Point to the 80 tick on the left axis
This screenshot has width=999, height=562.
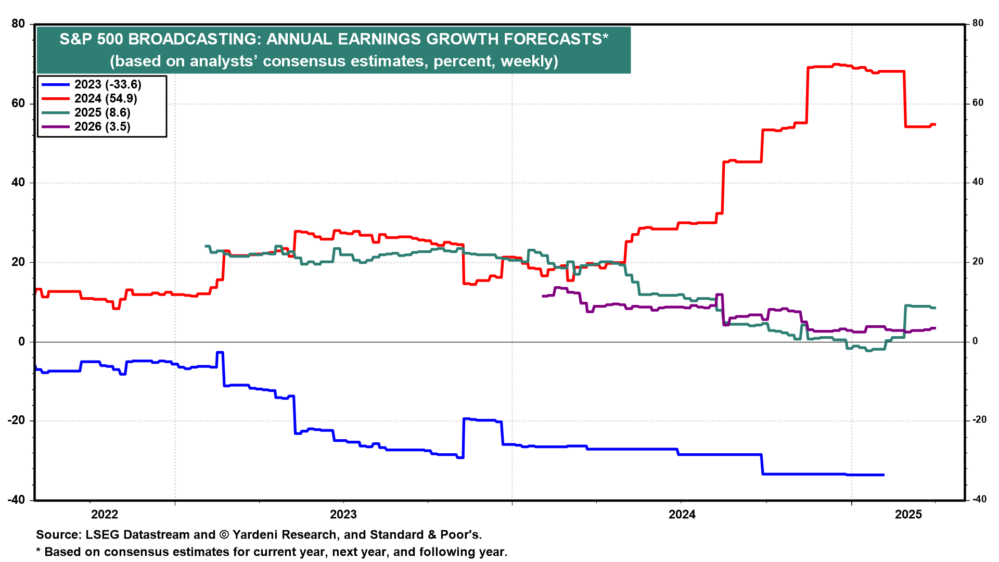pyautogui.click(x=18, y=24)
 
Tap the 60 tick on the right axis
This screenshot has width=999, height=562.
pyautogui.click(x=978, y=103)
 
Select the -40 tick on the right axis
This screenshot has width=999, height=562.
pyautogui.click(x=976, y=499)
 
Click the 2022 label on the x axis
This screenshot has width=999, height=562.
pyautogui.click(x=105, y=515)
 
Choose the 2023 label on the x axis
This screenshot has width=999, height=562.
pyautogui.click(x=343, y=515)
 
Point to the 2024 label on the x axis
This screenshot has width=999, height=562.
pyautogui.click(x=682, y=515)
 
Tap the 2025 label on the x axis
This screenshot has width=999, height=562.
pyautogui.click(x=908, y=515)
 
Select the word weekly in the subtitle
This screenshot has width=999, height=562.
pyautogui.click(x=527, y=61)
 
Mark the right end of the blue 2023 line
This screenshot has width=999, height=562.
pyautogui.click(x=884, y=475)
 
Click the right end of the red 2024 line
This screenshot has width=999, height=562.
pyautogui.click(x=936, y=124)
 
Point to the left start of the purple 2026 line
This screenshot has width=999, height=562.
pyautogui.click(x=543, y=296)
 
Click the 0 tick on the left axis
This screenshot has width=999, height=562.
pyautogui.click(x=21, y=341)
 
